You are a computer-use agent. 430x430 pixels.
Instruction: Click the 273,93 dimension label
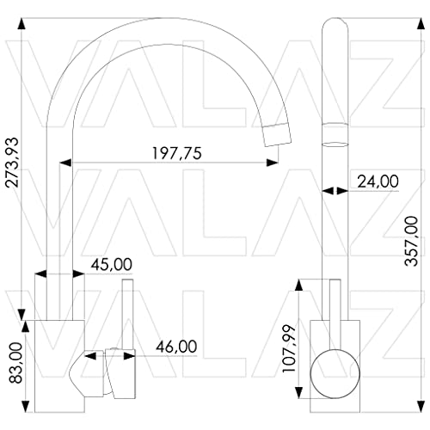[x=12, y=163]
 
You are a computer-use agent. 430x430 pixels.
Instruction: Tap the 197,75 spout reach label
[x=176, y=153]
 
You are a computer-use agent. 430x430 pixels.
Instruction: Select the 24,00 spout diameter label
[x=378, y=181]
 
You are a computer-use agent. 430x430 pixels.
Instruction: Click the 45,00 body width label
[x=112, y=264]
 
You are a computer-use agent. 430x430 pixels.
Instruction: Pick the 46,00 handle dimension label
[x=176, y=347]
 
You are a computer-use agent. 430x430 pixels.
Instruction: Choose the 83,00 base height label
[x=15, y=363]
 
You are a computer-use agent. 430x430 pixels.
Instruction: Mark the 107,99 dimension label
[x=289, y=348]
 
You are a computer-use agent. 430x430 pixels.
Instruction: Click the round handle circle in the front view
[x=335, y=373]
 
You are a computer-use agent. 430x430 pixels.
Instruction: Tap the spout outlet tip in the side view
[x=277, y=135]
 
